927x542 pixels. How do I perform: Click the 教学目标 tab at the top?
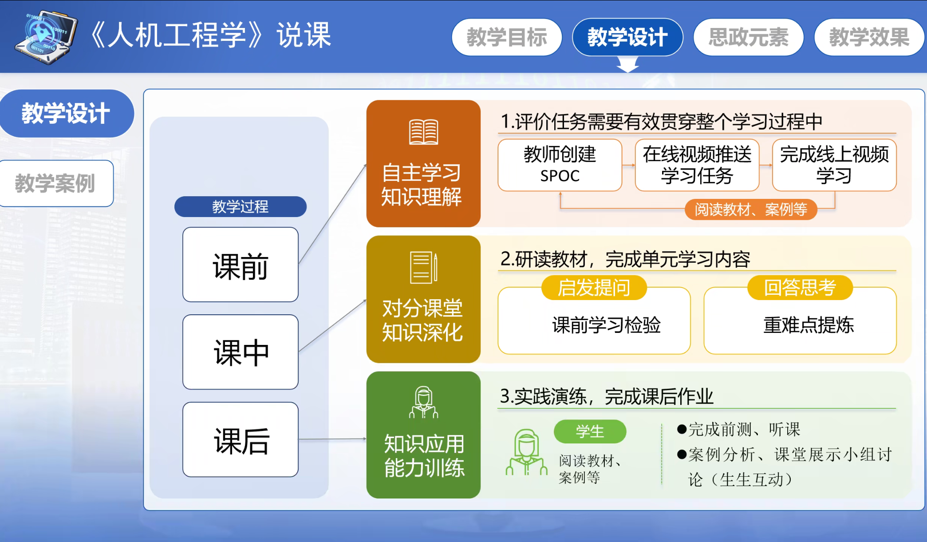coord(507,37)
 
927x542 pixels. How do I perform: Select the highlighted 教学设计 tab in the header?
coord(627,37)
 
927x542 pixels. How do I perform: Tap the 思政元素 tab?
coord(749,37)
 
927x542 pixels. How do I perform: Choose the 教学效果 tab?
coord(869,37)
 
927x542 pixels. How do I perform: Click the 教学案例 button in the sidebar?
coord(55,183)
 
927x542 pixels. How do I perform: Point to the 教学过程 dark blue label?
coord(241,206)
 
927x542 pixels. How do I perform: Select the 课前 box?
coord(241,265)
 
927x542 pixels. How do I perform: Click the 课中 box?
coord(241,352)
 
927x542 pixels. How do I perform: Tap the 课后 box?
coord(241,439)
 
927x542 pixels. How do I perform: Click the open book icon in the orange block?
coord(423,132)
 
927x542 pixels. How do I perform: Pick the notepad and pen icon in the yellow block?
coord(423,267)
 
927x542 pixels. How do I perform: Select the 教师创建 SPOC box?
coord(560,165)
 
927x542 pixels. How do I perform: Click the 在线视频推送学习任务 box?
coord(697,165)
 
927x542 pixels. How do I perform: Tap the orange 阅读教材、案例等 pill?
coord(751,210)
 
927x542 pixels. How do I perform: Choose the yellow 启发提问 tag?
coord(594,288)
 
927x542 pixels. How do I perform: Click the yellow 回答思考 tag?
coord(800,288)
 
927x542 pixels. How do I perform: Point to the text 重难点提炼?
coord(809,325)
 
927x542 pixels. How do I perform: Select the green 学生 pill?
coord(590,431)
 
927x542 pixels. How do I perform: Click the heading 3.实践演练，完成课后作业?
coord(607,396)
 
